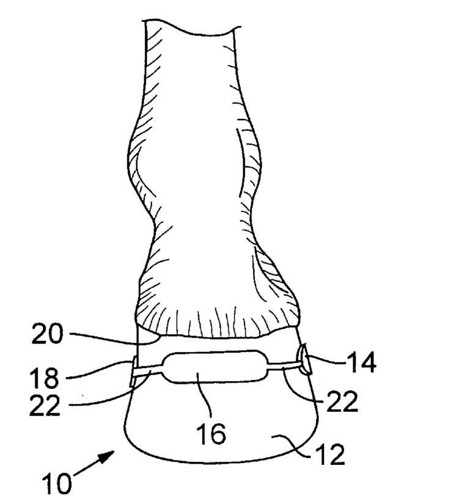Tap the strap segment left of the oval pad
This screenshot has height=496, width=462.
[x=150, y=370]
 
